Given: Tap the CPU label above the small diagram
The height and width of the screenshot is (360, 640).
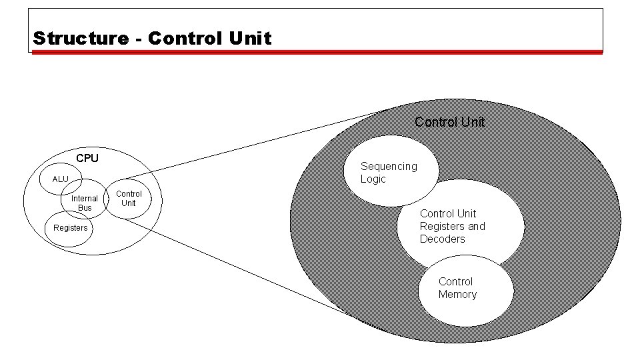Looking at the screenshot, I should click(x=87, y=158).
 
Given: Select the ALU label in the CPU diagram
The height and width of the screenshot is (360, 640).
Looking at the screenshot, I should click(x=60, y=179).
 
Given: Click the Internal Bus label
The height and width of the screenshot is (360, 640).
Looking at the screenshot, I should click(x=85, y=203).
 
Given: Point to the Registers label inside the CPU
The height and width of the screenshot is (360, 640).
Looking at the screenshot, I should click(x=70, y=228).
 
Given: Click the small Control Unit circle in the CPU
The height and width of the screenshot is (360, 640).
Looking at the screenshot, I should click(x=129, y=199).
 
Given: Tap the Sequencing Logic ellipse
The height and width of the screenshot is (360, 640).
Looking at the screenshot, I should click(x=393, y=170).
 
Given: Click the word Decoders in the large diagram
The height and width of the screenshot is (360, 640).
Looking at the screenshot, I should click(x=442, y=239).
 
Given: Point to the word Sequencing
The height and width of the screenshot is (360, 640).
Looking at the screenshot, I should click(x=389, y=166).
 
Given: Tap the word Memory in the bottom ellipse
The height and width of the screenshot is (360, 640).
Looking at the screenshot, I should click(x=457, y=294).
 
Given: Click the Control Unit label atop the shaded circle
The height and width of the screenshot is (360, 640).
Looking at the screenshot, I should click(x=449, y=122).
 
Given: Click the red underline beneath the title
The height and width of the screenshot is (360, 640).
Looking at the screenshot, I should click(x=317, y=52).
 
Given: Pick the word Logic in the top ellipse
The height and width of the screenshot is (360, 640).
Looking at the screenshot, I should click(x=373, y=179).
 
